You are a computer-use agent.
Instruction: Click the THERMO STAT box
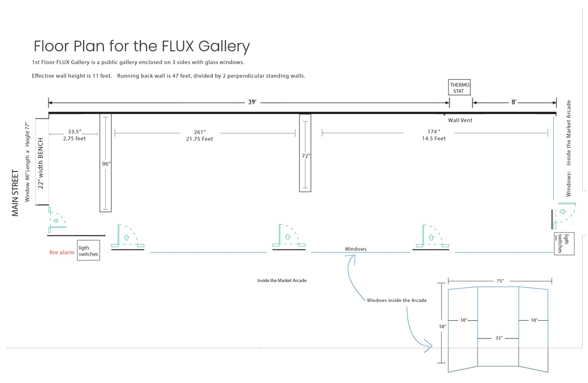click(459, 88)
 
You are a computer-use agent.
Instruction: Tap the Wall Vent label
click(460, 120)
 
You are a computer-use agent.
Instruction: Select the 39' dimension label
click(252, 102)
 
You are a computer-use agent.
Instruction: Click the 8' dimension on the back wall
click(513, 102)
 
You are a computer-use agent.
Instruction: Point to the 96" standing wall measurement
click(106, 164)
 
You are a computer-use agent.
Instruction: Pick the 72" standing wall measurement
click(306, 156)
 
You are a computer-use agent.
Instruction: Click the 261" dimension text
click(199, 132)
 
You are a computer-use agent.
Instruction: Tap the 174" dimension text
click(433, 132)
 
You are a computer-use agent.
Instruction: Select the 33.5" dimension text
click(74, 132)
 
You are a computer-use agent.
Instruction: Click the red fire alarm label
click(62, 253)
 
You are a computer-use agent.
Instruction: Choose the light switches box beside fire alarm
click(88, 251)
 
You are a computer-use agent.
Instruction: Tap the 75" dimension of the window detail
click(500, 281)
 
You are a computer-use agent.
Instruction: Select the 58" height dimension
click(442, 326)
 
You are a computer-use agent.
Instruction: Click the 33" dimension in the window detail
click(499, 338)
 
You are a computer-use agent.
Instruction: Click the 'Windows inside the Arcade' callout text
click(396, 301)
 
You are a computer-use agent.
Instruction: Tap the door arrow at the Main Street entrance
click(56, 221)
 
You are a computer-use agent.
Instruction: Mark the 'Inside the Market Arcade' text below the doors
click(282, 281)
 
